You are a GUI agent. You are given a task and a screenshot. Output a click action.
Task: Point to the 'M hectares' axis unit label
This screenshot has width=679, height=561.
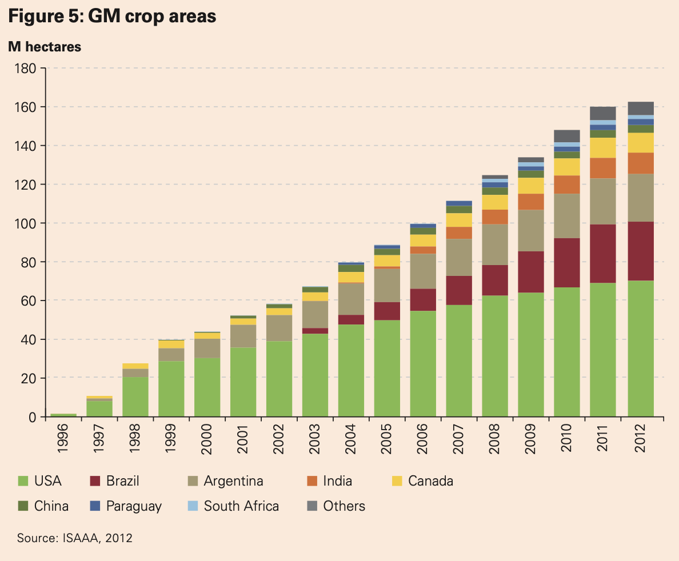45,47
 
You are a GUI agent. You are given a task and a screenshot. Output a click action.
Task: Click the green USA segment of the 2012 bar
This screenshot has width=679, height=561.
640,348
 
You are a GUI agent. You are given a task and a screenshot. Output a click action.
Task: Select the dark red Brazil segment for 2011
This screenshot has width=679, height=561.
602,254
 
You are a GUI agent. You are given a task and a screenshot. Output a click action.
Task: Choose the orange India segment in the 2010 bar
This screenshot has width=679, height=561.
566,185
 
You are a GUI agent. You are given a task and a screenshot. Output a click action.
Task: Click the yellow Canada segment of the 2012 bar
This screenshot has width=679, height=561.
640,143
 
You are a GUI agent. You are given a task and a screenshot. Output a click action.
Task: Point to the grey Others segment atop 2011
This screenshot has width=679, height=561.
602,113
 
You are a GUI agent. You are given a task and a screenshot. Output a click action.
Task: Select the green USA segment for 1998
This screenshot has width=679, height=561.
135,396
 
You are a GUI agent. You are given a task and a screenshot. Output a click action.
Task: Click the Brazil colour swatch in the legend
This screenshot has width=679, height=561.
96,481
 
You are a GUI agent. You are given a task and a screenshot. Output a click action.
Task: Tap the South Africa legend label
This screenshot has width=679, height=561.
241,506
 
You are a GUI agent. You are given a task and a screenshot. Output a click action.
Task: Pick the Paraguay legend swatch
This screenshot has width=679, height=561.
96,506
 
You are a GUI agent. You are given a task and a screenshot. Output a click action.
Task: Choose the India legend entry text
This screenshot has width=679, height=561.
337,481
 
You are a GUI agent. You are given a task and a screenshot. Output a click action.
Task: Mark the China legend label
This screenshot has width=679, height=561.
51,506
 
